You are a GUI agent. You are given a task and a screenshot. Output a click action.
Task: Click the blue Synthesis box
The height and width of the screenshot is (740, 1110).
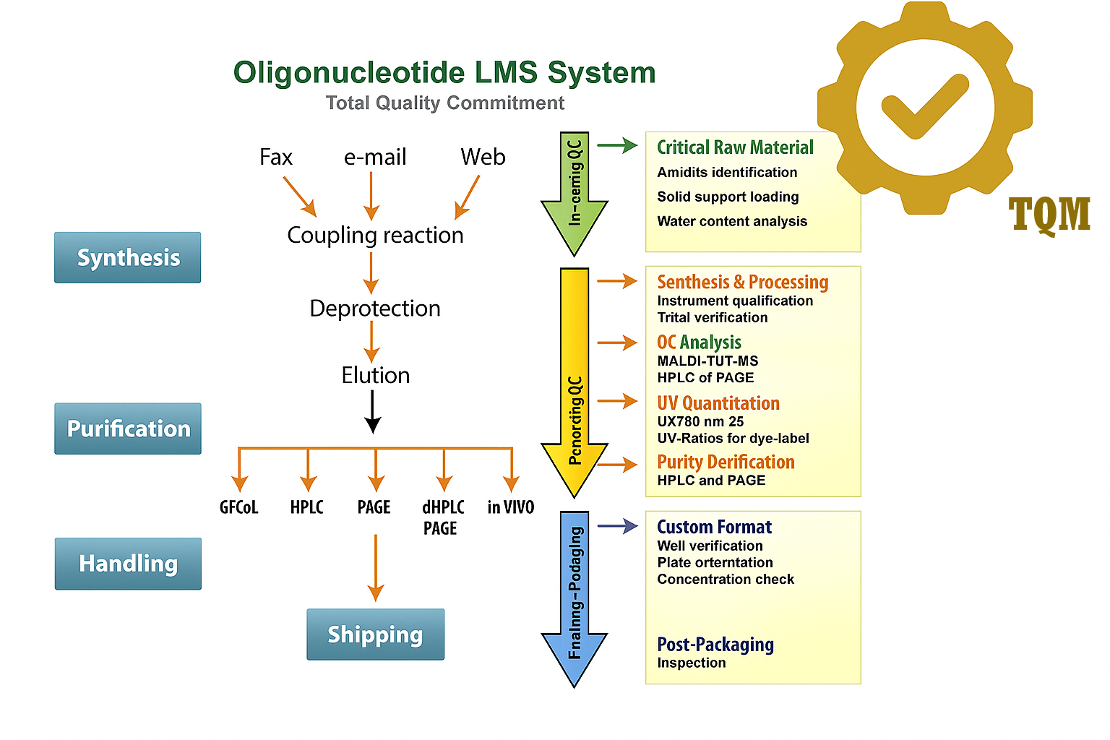pos(128,257)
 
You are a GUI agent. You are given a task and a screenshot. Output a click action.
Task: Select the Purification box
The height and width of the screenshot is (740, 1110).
pos(128,429)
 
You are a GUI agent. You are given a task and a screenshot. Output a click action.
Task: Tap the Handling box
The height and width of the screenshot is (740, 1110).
pos(128,564)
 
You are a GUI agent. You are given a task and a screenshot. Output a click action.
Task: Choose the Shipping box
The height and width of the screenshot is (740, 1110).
pos(375,634)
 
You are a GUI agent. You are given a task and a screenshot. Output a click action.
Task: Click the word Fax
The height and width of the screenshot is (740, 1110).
pos(276,157)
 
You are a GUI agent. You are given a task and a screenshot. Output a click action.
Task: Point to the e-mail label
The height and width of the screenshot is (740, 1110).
pos(375,157)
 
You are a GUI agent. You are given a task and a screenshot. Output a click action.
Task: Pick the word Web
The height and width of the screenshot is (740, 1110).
pos(483,157)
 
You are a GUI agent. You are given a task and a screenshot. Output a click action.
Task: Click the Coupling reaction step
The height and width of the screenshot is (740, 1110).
pos(375,235)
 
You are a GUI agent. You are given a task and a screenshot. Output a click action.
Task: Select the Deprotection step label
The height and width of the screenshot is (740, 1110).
pos(375,309)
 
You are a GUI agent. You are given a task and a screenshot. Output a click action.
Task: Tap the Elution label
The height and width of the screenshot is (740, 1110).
pos(375,375)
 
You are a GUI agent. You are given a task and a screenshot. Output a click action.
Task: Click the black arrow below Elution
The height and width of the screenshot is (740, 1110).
pos(372,412)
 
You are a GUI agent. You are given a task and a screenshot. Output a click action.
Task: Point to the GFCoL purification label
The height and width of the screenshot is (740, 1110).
pos(238,507)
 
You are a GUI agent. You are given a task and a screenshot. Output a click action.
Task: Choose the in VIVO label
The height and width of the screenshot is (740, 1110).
pos(510,507)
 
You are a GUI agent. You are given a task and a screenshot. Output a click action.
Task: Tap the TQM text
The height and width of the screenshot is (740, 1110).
pos(1049,215)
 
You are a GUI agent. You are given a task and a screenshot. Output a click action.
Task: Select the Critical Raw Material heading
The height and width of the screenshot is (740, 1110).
pos(735,147)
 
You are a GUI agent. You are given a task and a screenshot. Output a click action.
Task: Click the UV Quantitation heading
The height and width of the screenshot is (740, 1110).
pos(718,403)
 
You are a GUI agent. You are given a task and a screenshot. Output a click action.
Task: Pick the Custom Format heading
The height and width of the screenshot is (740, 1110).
pos(714,527)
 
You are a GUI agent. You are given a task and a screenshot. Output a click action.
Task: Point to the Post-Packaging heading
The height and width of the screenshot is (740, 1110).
pos(715,645)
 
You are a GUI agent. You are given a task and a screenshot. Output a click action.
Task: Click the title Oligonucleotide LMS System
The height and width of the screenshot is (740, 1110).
pos(444,73)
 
